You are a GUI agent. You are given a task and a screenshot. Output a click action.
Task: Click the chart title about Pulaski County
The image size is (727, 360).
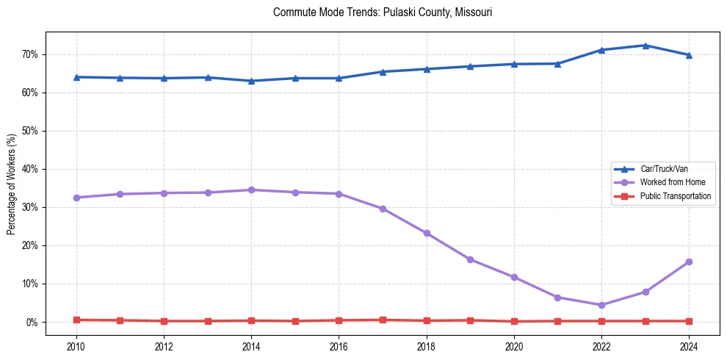click(383, 12)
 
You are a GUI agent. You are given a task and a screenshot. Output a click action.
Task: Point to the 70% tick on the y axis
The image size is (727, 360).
click(30, 54)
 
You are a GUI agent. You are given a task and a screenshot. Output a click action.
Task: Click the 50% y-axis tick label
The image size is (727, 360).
click(30, 131)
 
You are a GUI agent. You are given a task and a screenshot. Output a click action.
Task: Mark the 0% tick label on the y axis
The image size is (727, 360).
click(32, 322)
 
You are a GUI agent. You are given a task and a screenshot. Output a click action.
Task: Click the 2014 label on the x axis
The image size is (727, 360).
click(251, 345)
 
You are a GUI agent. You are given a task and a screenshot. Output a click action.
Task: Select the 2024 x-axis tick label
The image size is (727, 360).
click(689, 345)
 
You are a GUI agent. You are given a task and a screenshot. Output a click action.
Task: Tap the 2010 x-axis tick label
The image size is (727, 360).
click(76, 345)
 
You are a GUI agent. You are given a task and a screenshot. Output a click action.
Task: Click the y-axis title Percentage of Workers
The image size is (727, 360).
click(12, 184)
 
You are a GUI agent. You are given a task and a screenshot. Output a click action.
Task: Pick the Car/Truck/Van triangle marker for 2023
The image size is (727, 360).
click(645, 46)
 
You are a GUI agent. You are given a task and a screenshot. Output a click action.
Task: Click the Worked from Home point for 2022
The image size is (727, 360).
click(601, 305)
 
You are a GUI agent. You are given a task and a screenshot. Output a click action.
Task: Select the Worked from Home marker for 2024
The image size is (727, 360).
click(689, 262)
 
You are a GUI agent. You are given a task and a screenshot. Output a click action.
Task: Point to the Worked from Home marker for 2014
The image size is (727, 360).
click(251, 190)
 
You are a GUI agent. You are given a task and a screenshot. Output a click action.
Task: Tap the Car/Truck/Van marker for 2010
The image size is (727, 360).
click(76, 77)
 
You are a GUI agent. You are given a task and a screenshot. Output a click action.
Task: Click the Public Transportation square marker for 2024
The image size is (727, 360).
click(689, 321)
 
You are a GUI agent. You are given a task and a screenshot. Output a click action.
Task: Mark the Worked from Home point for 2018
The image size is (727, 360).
click(427, 233)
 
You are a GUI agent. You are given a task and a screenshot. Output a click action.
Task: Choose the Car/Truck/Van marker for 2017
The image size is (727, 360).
click(383, 72)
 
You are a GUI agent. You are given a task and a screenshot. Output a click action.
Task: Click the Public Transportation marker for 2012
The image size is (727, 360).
click(164, 321)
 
